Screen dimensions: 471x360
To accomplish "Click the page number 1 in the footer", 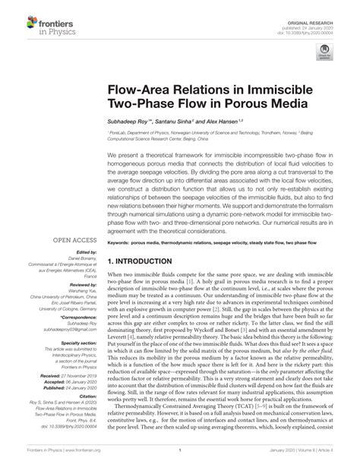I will [x=178, y=460].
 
